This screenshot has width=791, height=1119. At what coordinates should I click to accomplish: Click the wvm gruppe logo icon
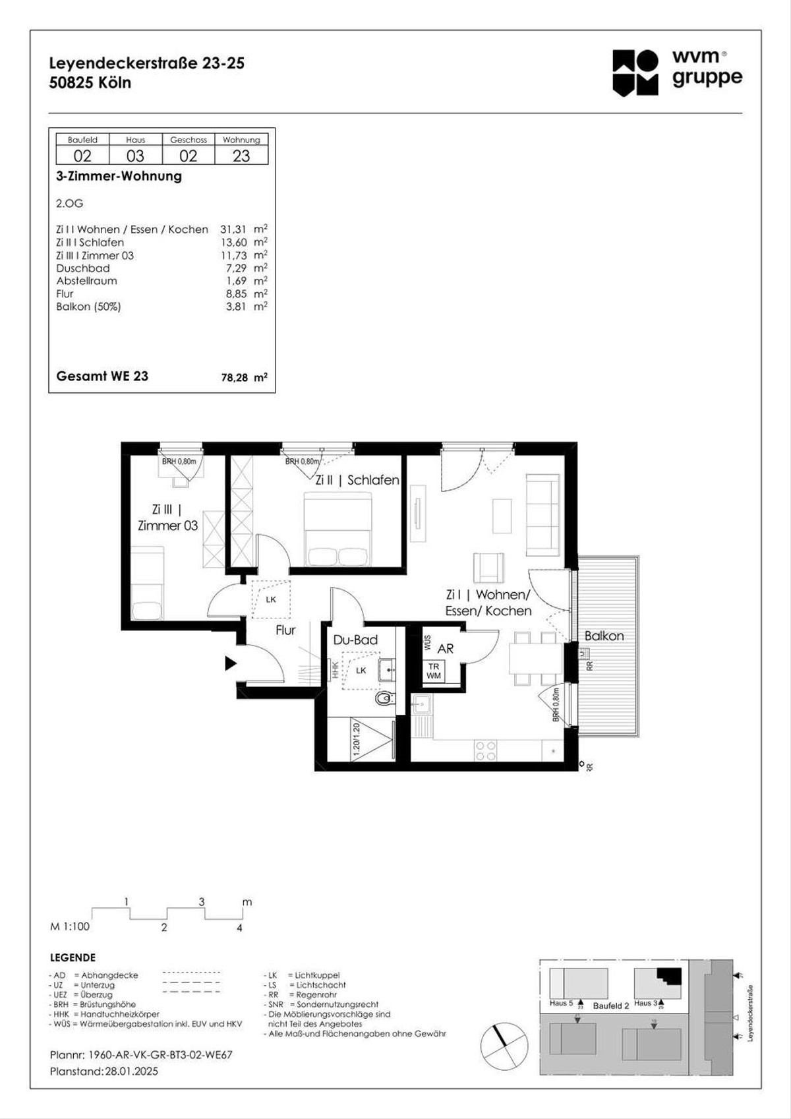pos(635,73)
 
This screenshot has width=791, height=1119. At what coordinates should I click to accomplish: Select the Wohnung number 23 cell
pos(241,156)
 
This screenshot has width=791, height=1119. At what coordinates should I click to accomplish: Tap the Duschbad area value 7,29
pos(236,268)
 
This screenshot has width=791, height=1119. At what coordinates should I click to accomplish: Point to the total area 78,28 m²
pos(244,378)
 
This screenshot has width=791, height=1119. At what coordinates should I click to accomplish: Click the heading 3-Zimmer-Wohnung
pos(119,176)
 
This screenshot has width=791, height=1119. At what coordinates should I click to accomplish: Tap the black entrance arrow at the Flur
pos(230,663)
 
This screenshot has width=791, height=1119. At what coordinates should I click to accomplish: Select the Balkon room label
pos(604,636)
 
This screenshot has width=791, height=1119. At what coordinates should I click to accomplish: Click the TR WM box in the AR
pos(433,671)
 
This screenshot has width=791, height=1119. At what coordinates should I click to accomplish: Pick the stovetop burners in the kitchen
pos(486,751)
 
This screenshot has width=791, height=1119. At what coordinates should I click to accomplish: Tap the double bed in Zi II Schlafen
pos(337,529)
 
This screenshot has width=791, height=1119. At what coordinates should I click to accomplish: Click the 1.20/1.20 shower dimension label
pos(356,741)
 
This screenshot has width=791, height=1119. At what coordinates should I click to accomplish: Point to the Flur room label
pos(285,630)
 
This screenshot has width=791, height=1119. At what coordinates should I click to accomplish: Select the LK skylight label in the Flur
pos(271,599)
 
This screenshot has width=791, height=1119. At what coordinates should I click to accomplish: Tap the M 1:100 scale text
pos(70,926)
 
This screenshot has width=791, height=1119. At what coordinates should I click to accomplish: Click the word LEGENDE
pos(73,957)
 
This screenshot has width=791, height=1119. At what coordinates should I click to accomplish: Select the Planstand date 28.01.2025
pos(131,1072)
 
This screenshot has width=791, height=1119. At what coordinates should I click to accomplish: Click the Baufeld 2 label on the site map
pos(610,1006)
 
